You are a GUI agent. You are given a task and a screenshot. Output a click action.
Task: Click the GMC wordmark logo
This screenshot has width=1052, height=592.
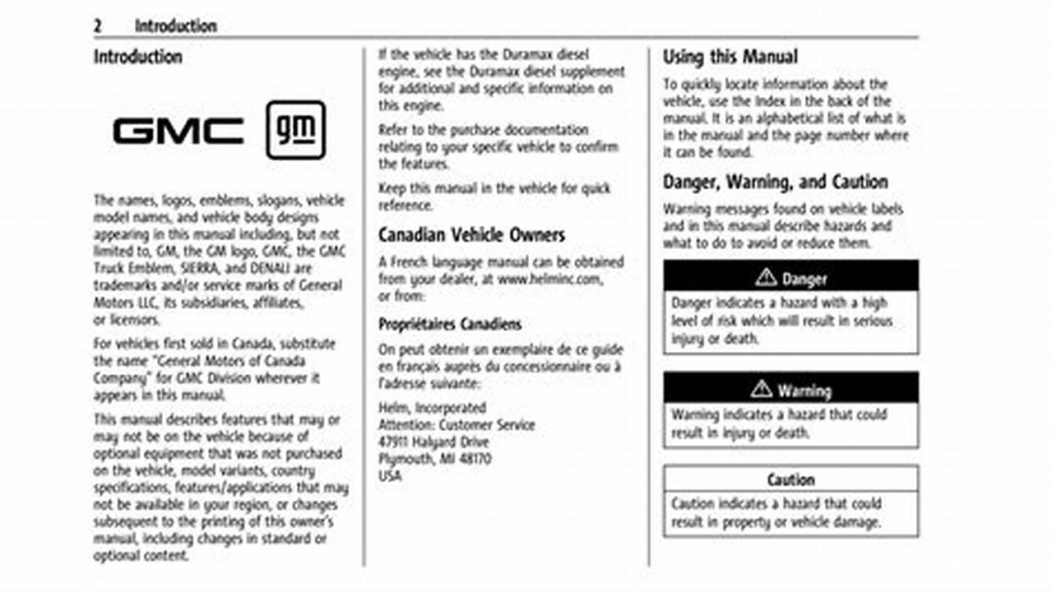coord(178,131)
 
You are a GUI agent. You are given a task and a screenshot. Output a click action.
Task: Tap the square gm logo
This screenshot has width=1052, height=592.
coord(295,130)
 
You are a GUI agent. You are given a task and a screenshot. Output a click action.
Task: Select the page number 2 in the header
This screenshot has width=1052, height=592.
coord(97,25)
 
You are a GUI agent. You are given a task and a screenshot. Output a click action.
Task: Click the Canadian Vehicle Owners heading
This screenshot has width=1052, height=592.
coord(471,235)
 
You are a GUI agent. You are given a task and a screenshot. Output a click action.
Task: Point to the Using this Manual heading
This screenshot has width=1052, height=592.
coord(730,57)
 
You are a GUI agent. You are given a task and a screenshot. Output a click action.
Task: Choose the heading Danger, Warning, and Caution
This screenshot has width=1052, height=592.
coord(776,182)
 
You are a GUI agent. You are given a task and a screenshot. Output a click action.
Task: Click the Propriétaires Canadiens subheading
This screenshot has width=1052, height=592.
coord(450,323)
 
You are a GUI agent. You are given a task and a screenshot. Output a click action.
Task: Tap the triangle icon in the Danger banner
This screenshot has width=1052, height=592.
coord(766,278)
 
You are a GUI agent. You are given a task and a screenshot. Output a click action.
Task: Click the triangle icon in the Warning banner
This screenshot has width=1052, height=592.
coord(762,390)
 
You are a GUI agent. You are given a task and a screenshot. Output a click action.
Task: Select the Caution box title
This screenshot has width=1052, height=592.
coord(790,479)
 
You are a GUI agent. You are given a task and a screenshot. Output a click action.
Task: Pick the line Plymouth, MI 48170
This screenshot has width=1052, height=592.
coord(434,459)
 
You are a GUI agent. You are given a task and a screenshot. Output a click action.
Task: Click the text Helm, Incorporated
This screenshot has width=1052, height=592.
coord(432,408)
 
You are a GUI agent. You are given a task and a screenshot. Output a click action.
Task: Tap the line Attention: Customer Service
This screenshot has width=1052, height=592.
coord(456,425)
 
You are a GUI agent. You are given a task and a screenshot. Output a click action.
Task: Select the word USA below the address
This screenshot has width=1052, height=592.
coord(390,476)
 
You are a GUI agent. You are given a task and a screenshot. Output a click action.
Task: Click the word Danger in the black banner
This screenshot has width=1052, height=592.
coord(804,279)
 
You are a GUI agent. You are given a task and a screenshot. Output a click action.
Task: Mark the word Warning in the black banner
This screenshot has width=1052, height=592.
coord(804,391)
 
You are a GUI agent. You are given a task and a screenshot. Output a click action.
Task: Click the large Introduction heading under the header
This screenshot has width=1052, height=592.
coord(137,57)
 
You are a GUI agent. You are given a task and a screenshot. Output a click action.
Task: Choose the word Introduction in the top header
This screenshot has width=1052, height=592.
coord(175,25)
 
